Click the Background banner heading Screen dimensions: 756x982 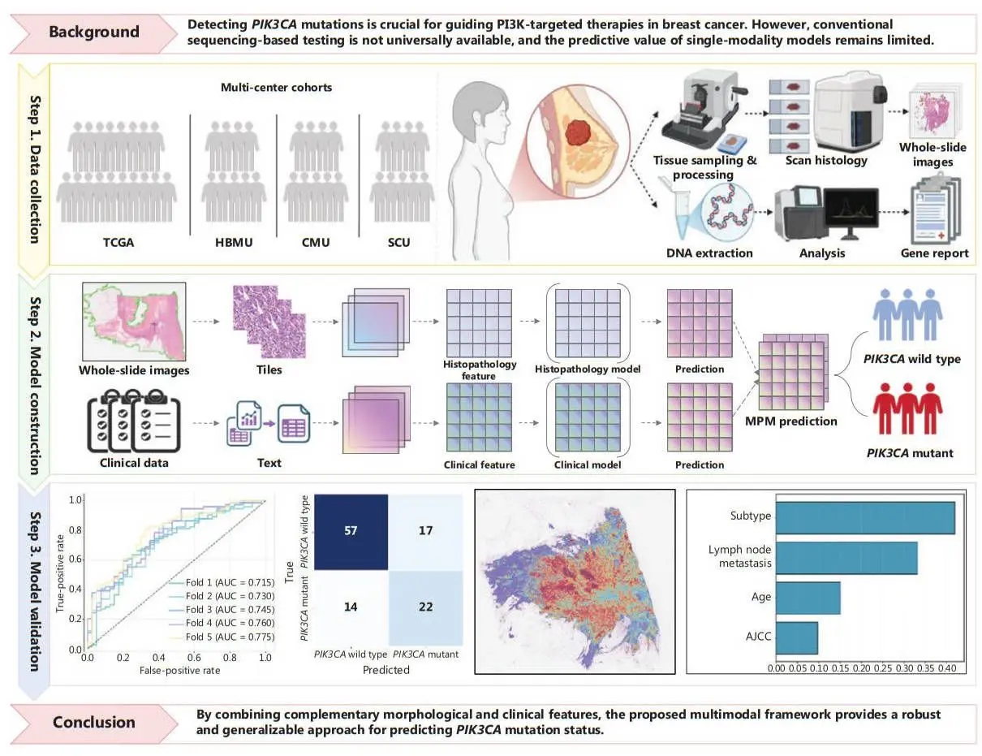(94, 32)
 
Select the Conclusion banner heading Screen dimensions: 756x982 (94, 722)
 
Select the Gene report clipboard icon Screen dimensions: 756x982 (933, 207)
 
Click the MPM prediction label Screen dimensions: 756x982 (792, 421)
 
